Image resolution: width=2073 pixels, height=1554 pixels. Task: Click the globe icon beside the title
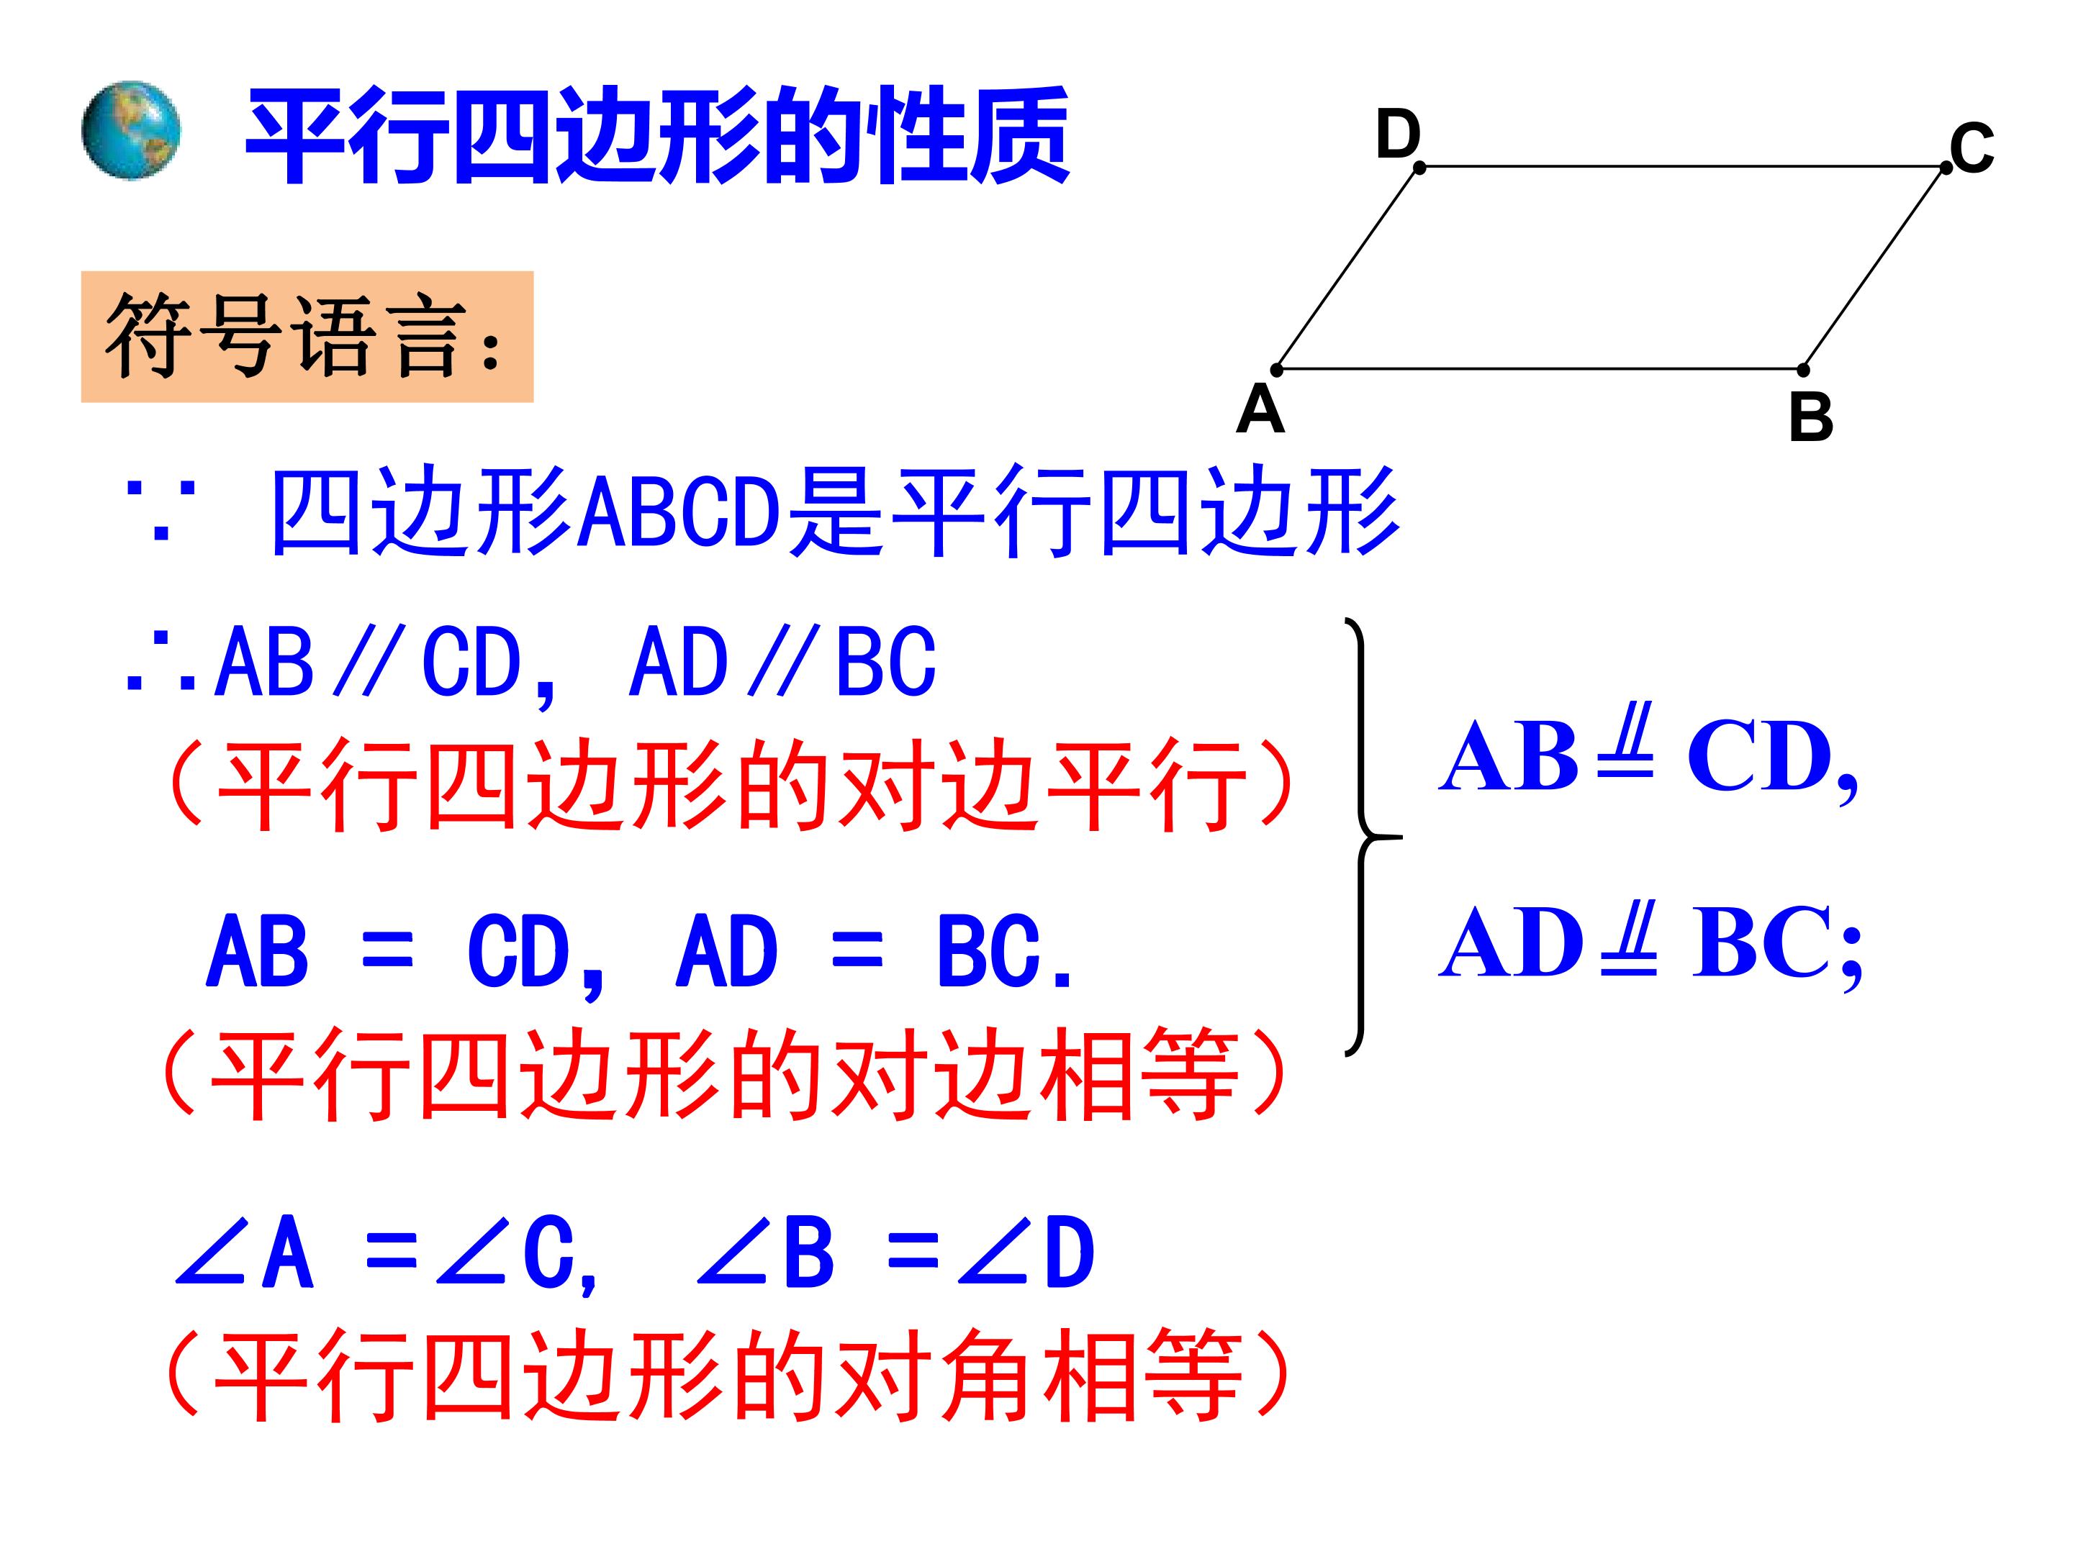(x=130, y=129)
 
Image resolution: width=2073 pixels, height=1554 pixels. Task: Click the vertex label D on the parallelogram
(x=1397, y=134)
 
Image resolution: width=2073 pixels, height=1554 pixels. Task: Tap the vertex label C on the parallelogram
(x=1971, y=148)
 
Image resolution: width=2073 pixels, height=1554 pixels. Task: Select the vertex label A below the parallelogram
(x=1260, y=409)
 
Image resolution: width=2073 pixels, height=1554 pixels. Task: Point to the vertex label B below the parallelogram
(x=1810, y=417)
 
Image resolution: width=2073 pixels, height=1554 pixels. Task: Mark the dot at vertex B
(x=1803, y=370)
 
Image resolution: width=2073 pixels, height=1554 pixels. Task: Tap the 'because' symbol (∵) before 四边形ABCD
(x=161, y=512)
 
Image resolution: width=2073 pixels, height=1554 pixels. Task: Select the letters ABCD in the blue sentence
(x=679, y=512)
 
